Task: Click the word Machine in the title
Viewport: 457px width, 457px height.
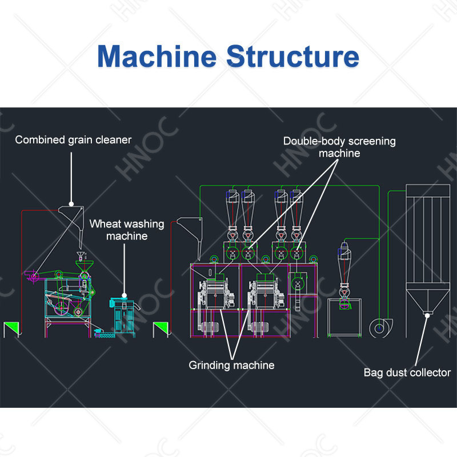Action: [x=157, y=56]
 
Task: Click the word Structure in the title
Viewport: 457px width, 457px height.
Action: [x=292, y=56]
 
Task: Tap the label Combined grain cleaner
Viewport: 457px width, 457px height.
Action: [x=73, y=140]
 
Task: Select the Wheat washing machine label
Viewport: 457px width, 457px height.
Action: [x=127, y=230]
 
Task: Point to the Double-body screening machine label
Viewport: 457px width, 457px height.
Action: [x=339, y=147]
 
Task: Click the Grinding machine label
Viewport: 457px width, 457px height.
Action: [x=232, y=365]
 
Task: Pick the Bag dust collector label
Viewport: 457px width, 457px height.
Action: [x=407, y=372]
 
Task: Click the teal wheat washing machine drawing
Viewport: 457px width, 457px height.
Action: [x=124, y=318]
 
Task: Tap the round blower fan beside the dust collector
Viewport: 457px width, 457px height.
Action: [x=380, y=328]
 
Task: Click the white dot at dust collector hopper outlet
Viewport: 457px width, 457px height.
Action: [x=427, y=315]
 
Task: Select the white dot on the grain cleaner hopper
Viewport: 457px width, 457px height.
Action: [x=71, y=204]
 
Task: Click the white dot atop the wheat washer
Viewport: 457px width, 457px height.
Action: [x=124, y=295]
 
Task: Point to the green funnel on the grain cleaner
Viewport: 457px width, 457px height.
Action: [x=85, y=266]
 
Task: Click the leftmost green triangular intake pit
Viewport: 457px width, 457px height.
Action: [x=11, y=329]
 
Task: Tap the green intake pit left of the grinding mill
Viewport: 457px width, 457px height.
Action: [x=161, y=329]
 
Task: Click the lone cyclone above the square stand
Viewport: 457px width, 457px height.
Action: [x=344, y=274]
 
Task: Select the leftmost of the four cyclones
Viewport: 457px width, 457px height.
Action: [x=232, y=216]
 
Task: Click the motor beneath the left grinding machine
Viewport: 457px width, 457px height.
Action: [x=209, y=327]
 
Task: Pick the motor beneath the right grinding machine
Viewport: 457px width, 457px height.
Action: [x=259, y=327]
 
